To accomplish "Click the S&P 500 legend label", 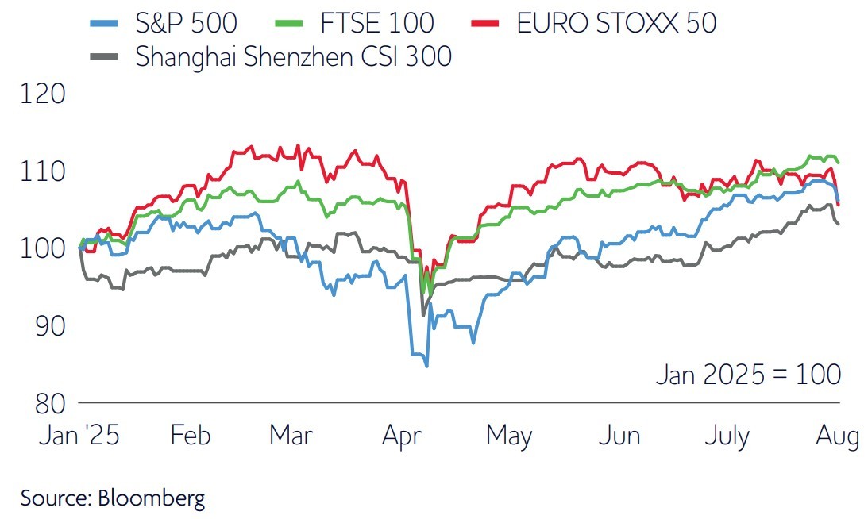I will (187, 23).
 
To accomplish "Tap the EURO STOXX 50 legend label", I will (616, 23).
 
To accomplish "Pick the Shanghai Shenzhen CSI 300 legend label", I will (294, 56).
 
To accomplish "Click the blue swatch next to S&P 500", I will (106, 24).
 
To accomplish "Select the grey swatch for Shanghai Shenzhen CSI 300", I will (106, 57).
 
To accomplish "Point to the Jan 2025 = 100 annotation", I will (748, 374).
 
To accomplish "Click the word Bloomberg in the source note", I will (152, 498).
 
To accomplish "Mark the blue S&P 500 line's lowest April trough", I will (426, 366).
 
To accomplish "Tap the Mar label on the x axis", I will (291, 436).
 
